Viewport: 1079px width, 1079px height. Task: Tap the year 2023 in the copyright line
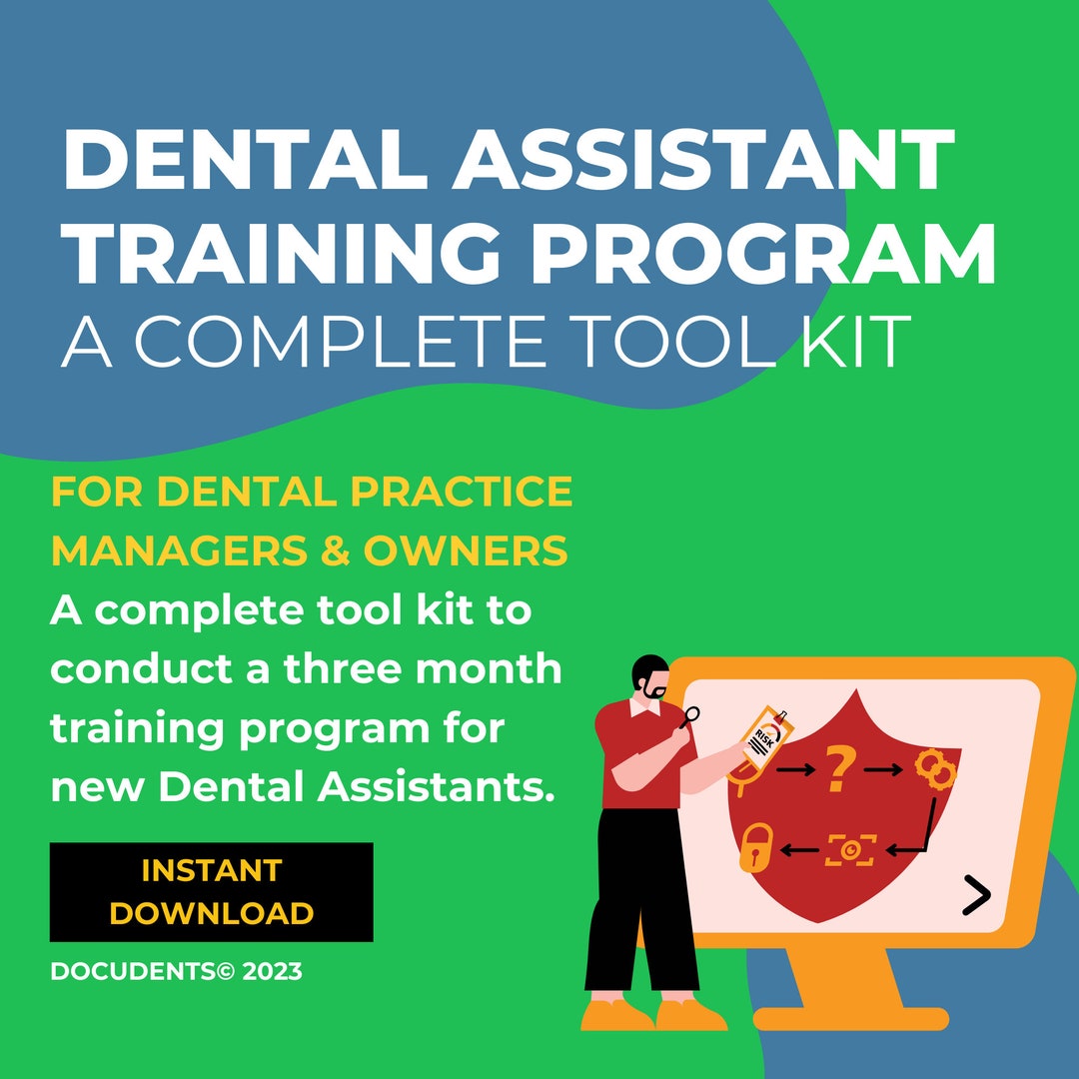[x=270, y=971]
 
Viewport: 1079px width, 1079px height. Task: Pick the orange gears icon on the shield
[x=935, y=770]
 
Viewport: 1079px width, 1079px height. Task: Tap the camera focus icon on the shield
[x=850, y=849]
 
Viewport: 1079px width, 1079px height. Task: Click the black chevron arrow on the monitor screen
[x=975, y=895]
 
